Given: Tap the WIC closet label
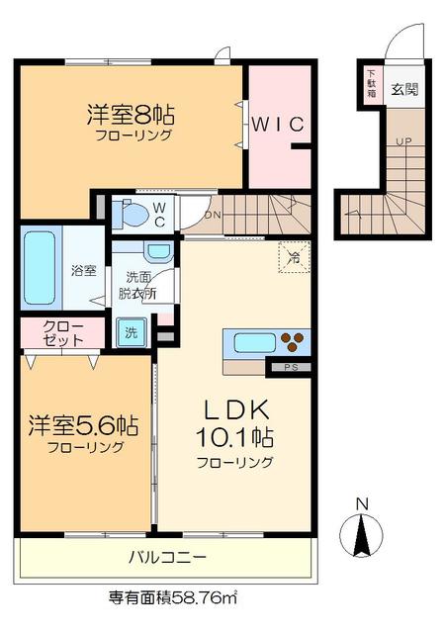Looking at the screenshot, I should tap(282, 124).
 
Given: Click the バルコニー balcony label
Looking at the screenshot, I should tap(167, 558).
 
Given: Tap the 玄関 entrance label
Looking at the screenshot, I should tap(403, 89).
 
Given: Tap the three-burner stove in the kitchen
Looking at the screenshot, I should tap(295, 343).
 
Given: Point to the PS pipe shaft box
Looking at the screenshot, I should tap(290, 369).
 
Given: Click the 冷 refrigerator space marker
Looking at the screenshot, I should tap(294, 255).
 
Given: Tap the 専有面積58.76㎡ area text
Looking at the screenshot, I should tap(172, 597).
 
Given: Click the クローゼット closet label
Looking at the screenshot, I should tap(62, 333).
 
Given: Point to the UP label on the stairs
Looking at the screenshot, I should tap(402, 141).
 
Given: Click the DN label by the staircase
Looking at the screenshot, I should tap(212, 216).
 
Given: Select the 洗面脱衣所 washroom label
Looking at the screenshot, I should tap(134, 285).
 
